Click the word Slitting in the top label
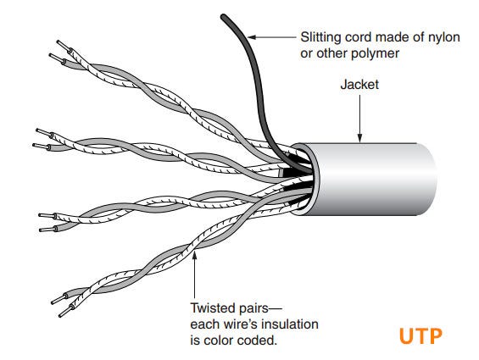tap(320, 37)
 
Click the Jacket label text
tap(359, 86)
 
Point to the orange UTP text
tap(421, 335)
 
